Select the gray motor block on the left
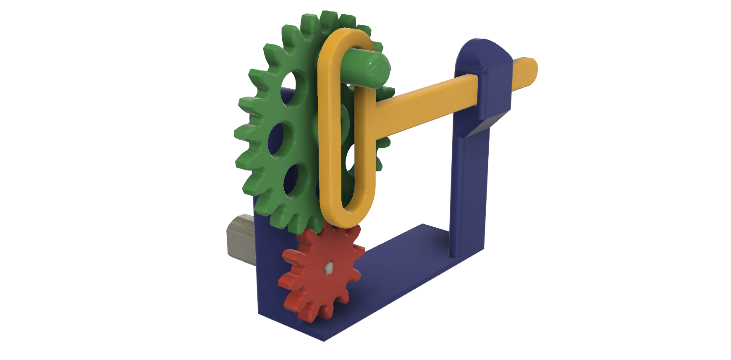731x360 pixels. pos(240,237)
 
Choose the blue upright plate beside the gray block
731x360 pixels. pos(267,269)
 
